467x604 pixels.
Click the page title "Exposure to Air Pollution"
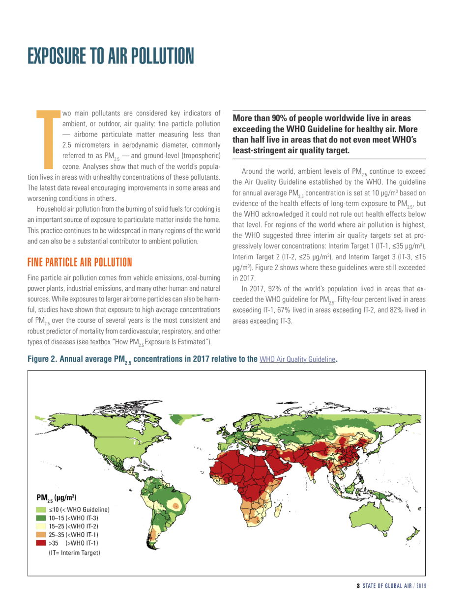(111, 55)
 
